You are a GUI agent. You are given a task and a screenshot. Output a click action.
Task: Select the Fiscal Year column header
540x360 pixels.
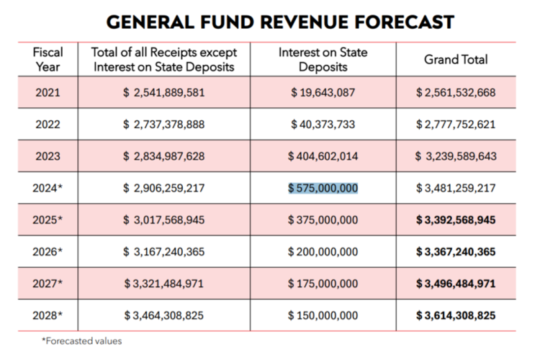point(48,60)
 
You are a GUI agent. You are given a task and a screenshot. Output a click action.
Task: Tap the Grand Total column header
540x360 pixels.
point(455,60)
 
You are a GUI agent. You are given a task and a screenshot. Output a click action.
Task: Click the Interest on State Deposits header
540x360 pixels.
point(323,60)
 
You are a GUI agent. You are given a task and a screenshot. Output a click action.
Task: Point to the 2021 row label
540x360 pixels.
point(48,92)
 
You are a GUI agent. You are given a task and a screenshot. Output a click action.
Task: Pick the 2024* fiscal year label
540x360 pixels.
point(48,188)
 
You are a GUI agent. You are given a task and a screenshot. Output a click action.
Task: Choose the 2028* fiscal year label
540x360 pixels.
point(48,315)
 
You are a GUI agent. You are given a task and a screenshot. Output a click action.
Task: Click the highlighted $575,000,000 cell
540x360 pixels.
point(323,188)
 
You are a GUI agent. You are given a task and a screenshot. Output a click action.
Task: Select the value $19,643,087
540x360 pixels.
point(323,92)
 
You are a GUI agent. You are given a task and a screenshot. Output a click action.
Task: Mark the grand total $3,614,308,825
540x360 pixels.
point(455,315)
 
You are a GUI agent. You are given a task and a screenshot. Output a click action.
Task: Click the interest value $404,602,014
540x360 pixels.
point(323,156)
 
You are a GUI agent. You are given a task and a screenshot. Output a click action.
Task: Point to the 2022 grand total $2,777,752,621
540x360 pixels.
point(455,124)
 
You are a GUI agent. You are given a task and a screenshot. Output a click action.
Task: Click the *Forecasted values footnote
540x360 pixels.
point(81,341)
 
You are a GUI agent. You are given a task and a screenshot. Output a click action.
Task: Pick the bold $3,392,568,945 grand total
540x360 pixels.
point(455,220)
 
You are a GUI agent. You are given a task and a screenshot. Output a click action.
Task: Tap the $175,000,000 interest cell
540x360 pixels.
point(323,284)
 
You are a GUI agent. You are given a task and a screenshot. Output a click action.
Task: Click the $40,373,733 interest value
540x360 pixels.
point(323,124)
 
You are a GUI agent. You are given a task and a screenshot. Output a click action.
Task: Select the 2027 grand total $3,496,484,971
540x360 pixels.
point(455,284)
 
